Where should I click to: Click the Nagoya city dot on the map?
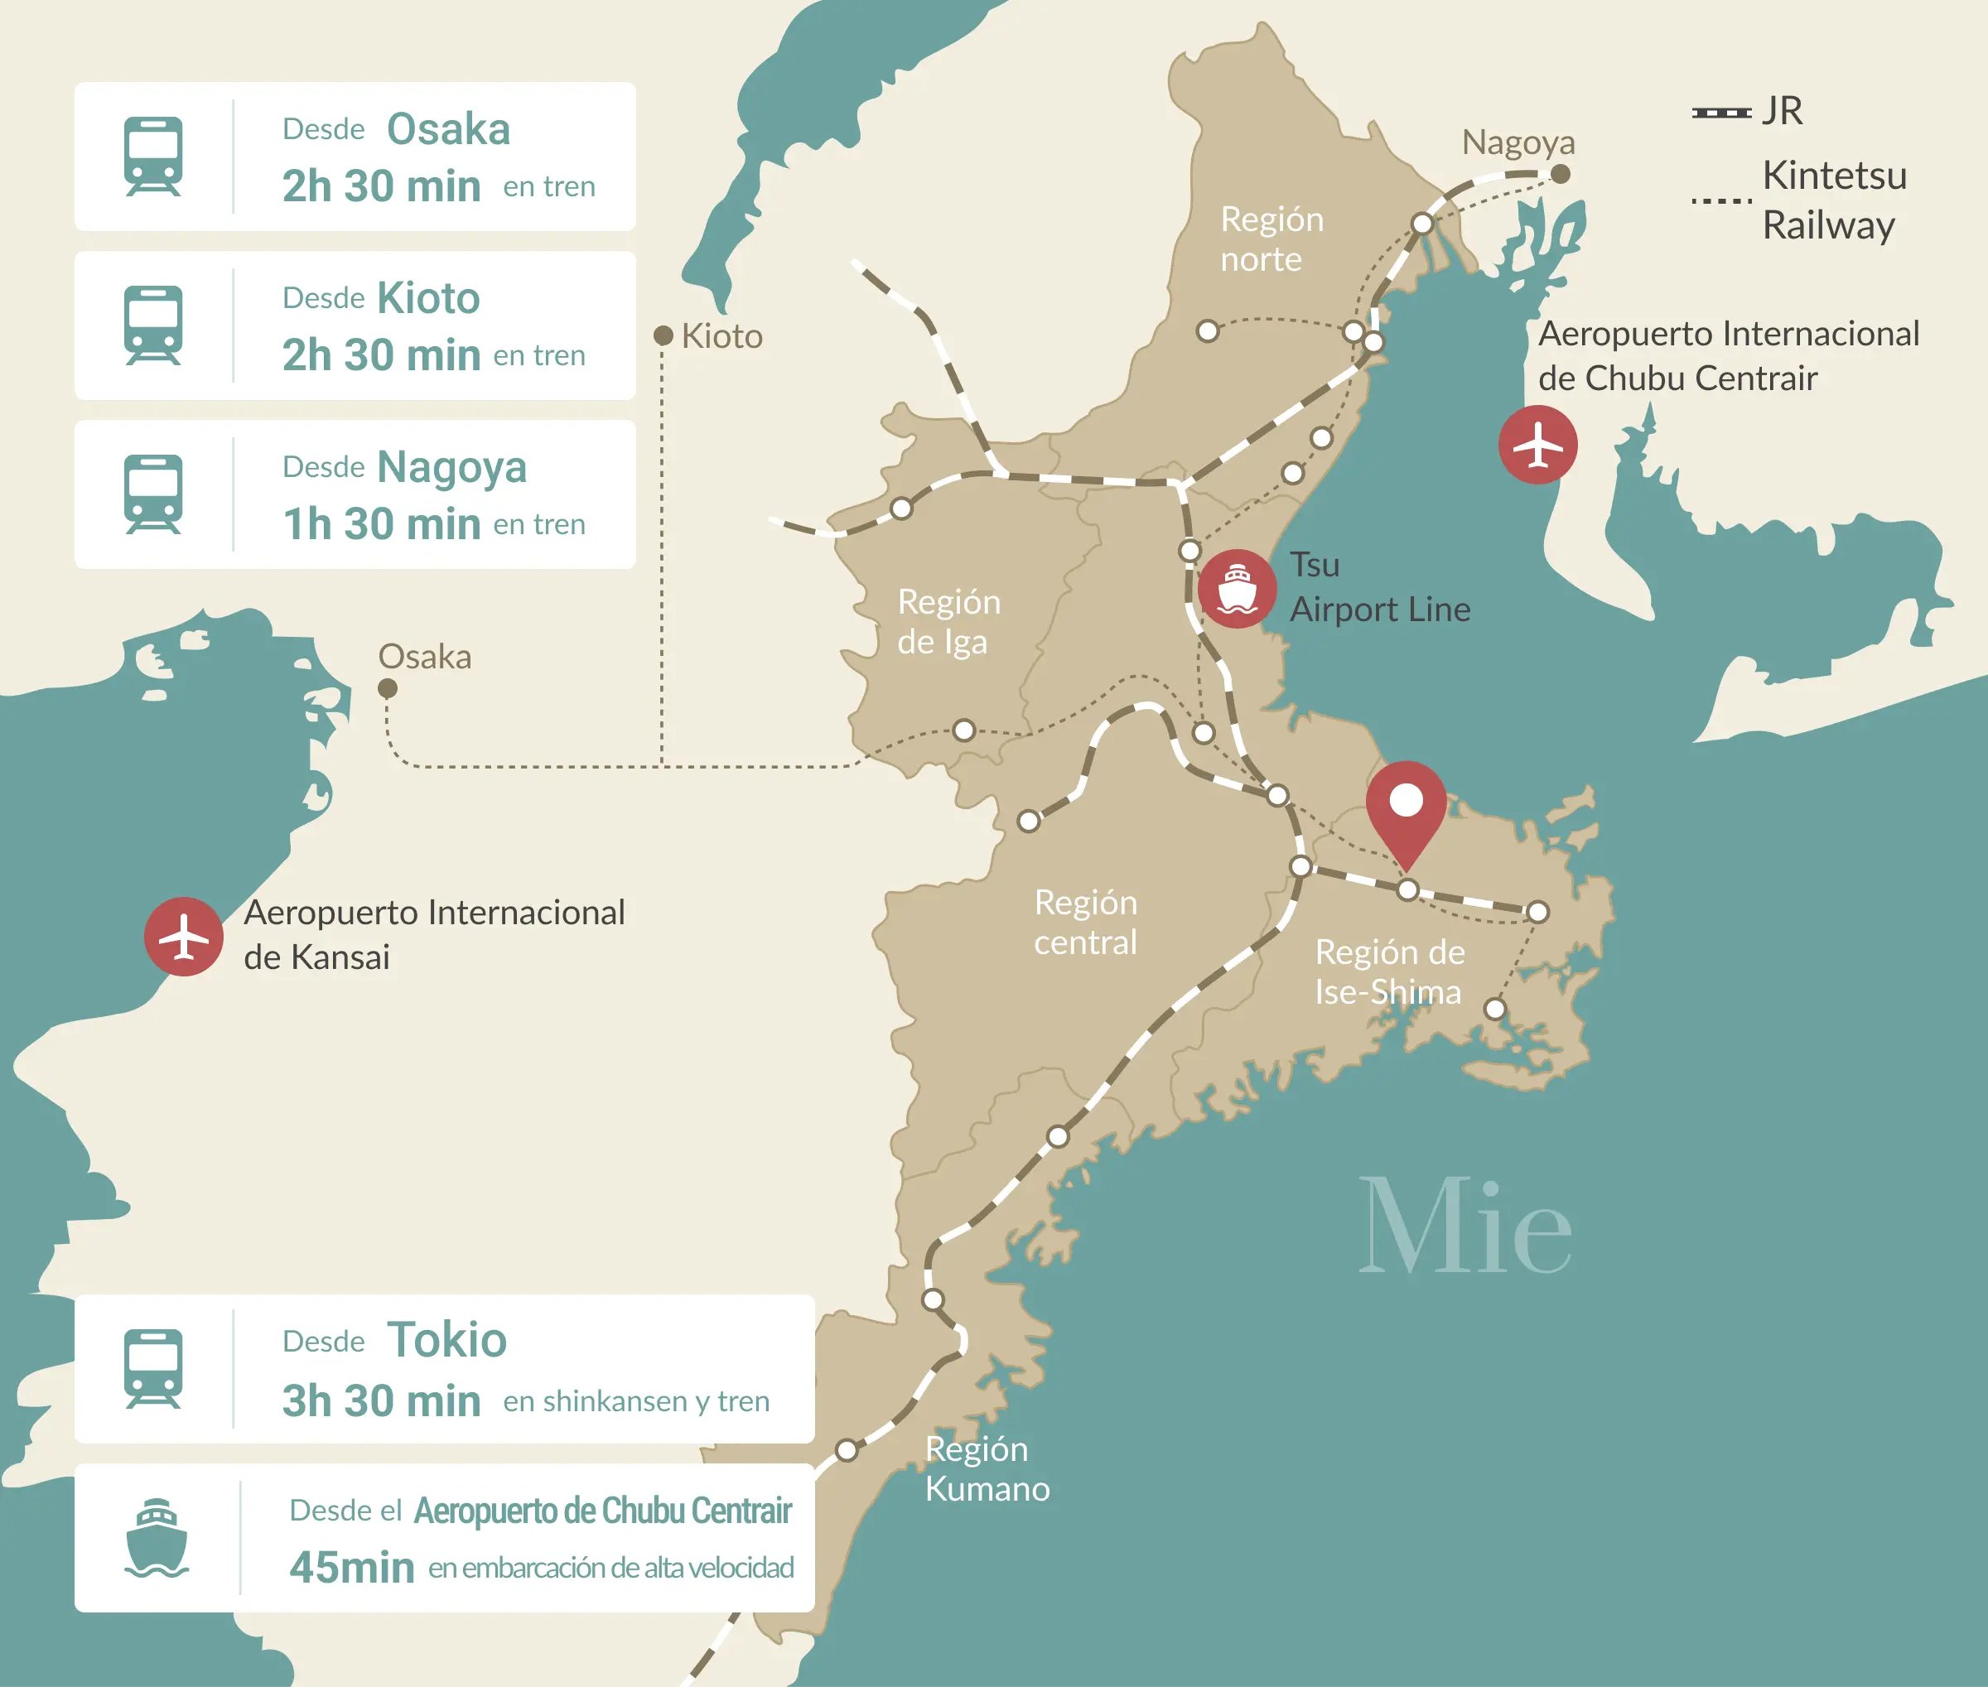(x=1560, y=174)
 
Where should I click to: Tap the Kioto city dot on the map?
(x=662, y=335)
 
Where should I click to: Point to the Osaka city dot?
(x=388, y=687)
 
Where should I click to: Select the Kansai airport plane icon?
(x=184, y=937)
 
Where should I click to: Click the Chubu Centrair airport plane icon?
(x=1537, y=445)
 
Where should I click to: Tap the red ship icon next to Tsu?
(x=1237, y=588)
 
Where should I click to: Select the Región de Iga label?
(x=948, y=622)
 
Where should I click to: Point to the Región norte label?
(x=1271, y=239)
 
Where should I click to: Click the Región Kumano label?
(x=987, y=1469)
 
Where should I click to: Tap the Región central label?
(x=1086, y=922)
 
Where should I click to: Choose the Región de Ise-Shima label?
(x=1389, y=971)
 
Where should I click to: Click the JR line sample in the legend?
(x=1720, y=113)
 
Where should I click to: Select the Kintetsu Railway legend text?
(x=1833, y=200)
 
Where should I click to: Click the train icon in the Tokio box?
(x=153, y=1368)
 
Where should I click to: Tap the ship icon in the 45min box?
(x=157, y=1538)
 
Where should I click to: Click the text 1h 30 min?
(x=381, y=524)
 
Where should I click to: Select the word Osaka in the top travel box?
(x=448, y=129)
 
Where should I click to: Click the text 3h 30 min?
(x=381, y=1401)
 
